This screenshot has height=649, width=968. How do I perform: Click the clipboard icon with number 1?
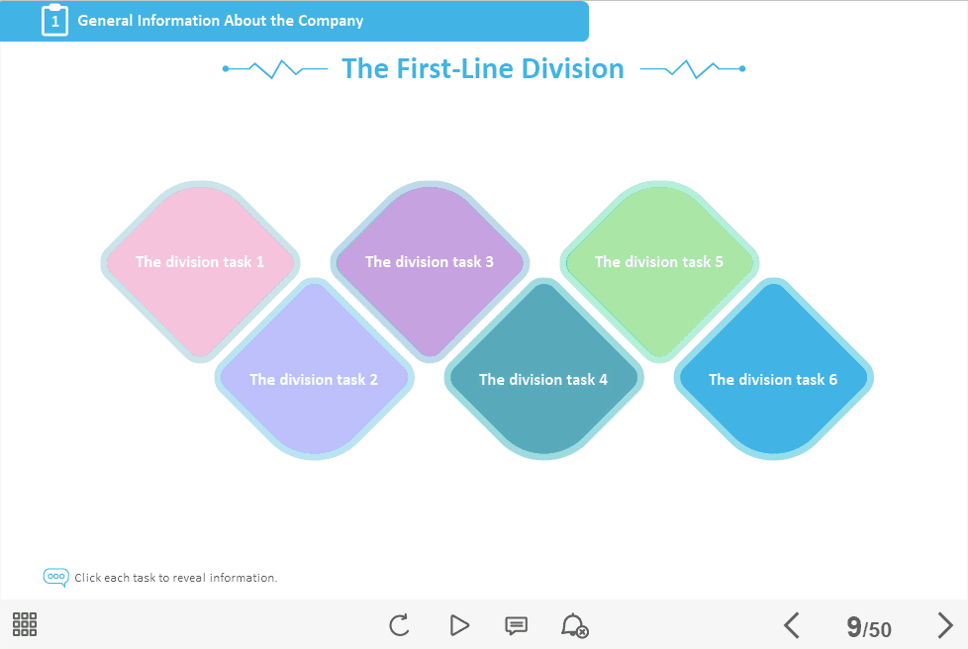point(55,21)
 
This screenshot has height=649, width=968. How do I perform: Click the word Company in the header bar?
point(331,21)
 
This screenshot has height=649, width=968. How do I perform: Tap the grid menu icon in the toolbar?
point(25,624)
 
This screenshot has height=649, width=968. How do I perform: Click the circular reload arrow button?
point(400,625)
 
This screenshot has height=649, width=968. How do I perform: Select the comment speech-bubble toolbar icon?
point(516,625)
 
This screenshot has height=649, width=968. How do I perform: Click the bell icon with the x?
point(574,625)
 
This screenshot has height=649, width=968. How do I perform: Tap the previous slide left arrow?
point(792,625)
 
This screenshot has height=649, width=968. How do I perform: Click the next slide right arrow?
point(945,625)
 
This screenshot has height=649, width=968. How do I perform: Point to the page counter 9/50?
point(869,627)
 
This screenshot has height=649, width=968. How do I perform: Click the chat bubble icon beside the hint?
point(55,578)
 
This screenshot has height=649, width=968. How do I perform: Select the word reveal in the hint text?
point(189,578)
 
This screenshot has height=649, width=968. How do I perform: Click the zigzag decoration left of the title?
point(275,69)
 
